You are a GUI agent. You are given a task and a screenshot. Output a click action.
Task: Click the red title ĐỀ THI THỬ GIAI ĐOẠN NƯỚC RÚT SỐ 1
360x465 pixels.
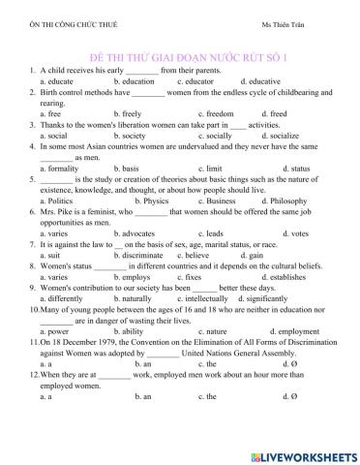(x=180, y=58)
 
